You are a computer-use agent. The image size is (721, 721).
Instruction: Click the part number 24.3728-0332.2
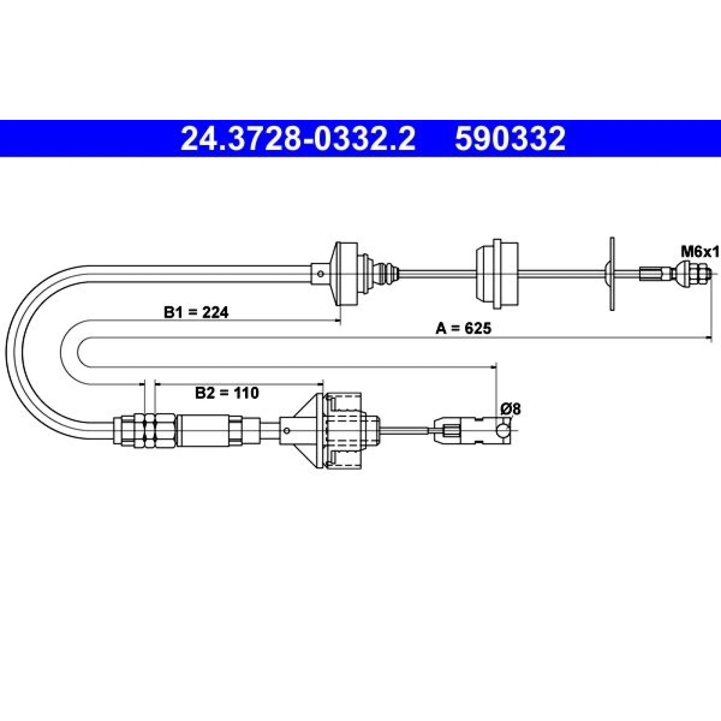tap(297, 138)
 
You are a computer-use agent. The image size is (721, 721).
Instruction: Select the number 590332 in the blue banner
tap(510, 138)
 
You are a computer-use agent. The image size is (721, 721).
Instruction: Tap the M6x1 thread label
tap(700, 252)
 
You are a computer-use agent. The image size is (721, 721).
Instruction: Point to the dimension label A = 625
tap(463, 329)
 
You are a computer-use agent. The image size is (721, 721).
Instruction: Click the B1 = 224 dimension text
tap(196, 312)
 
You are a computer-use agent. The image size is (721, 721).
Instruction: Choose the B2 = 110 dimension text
tap(227, 393)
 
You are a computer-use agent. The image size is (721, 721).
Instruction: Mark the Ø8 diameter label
tap(511, 409)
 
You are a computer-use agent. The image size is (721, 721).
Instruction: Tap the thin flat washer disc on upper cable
tap(611, 274)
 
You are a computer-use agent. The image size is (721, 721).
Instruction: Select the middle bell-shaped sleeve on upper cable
tap(497, 274)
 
